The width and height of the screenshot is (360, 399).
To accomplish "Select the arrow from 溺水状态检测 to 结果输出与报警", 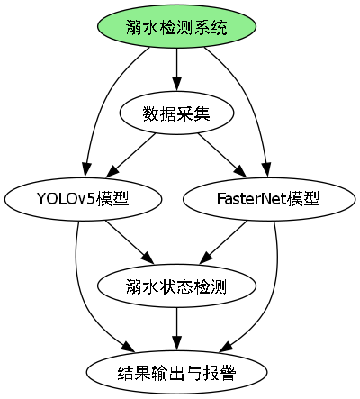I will coord(177,328).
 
